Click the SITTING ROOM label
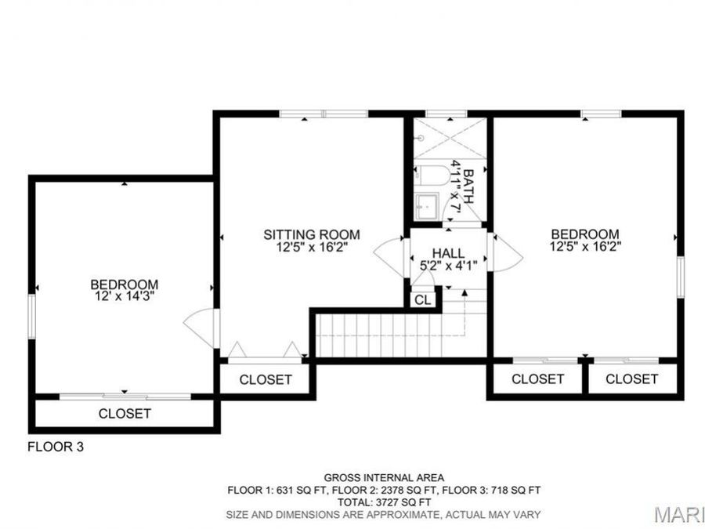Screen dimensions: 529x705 (x=311, y=234)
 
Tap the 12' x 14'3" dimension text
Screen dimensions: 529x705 (x=124, y=296)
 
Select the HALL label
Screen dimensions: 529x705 (x=448, y=253)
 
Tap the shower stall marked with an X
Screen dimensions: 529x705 (x=449, y=140)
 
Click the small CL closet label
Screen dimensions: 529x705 (x=422, y=299)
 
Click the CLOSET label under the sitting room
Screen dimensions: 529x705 (x=266, y=380)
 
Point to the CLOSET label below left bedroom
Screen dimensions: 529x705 (x=125, y=413)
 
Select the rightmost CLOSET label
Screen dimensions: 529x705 (x=632, y=379)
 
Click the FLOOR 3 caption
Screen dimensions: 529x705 (x=56, y=447)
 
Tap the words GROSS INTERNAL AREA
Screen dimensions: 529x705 (x=384, y=477)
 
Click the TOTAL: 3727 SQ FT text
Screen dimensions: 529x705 (x=384, y=502)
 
